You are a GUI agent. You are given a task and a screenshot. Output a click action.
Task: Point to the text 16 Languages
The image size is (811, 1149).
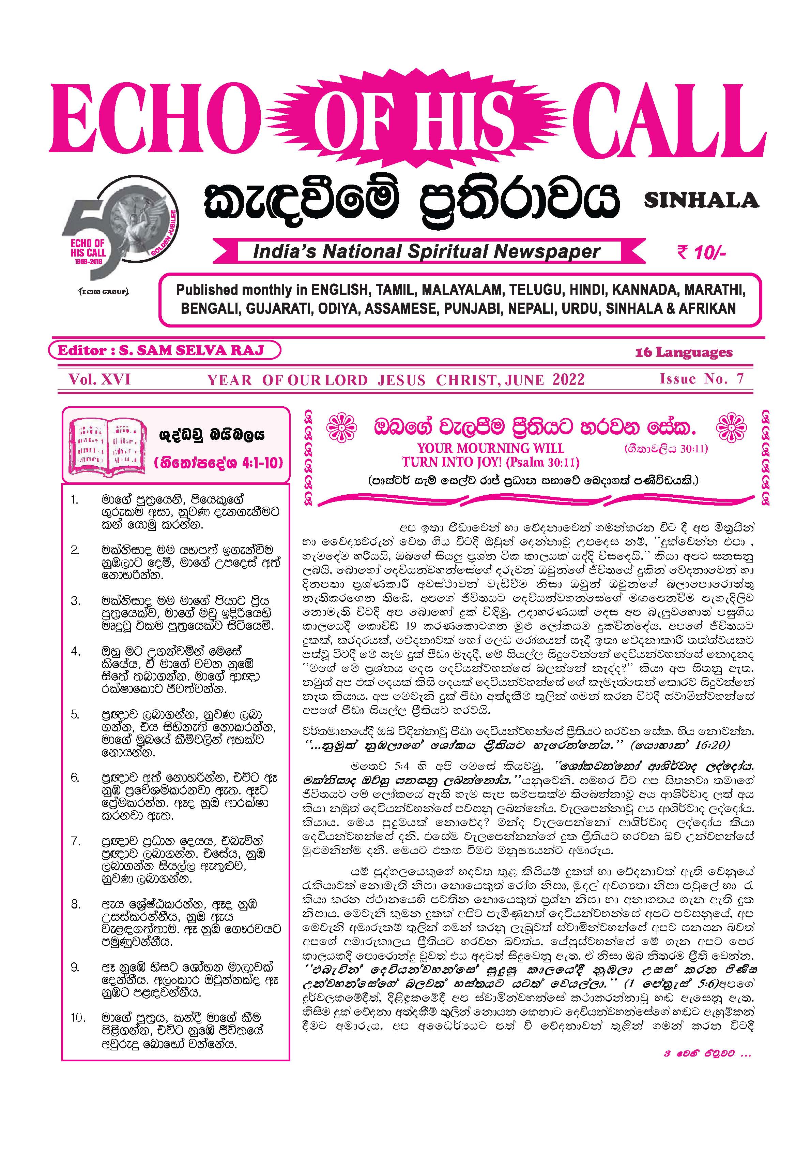click(x=684, y=352)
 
